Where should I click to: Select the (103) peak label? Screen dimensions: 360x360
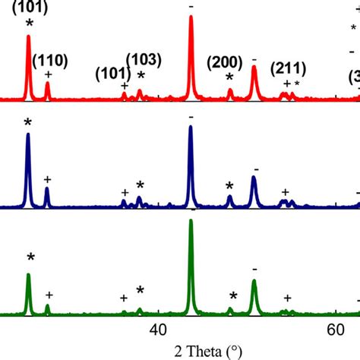coord(142,58)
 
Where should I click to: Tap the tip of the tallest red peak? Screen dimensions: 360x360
coord(190,17)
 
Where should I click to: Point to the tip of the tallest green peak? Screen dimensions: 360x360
coord(190,220)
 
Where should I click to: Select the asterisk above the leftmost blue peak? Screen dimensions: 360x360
coord(28,123)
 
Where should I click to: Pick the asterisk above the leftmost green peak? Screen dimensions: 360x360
coord(30,258)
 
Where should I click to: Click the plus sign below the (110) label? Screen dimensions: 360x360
coord(48,74)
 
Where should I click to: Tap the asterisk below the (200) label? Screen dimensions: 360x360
coord(229,78)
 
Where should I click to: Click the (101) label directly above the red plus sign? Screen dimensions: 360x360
coord(111,74)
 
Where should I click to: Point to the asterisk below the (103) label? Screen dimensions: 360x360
coord(140,74)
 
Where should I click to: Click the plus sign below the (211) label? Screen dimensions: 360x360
coord(286,84)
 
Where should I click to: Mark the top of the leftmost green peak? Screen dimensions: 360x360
coord(29,275)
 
